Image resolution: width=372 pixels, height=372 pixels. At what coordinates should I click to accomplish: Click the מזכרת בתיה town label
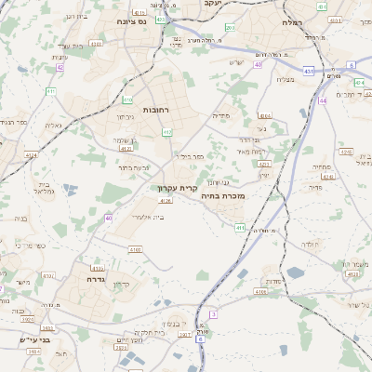[222, 197]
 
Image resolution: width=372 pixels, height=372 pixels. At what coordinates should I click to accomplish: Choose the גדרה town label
[95, 278]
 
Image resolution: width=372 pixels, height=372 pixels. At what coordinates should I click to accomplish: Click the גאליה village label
[53, 126]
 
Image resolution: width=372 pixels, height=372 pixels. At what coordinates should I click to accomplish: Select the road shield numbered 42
[60, 67]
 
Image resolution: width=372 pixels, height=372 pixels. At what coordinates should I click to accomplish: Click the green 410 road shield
[128, 100]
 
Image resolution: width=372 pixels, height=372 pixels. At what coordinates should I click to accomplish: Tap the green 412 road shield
[167, 133]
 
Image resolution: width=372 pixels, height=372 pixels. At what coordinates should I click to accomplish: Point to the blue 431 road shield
[308, 70]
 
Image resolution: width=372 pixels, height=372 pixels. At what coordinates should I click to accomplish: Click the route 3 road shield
[213, 314]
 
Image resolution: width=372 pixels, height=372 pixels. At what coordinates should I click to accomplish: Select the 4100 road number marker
[136, 249]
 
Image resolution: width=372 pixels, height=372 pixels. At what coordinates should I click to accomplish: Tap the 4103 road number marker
[99, 267]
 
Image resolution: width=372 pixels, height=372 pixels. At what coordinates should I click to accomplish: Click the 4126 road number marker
[166, 200]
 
